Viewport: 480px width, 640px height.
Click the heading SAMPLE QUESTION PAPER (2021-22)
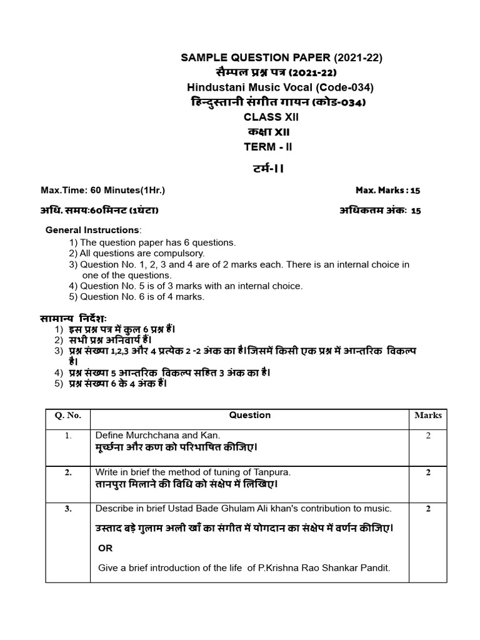[281, 58]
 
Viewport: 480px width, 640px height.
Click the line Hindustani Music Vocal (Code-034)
[281, 87]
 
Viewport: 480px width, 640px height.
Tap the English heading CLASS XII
[268, 117]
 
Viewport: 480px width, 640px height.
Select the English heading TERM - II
[268, 147]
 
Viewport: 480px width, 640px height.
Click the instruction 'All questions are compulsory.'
[137, 253]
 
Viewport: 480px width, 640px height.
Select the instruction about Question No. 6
[137, 296]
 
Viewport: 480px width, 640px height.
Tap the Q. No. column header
[68, 416]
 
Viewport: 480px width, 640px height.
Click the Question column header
[250, 415]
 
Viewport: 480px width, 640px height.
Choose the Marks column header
[428, 415]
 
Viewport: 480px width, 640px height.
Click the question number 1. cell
[68, 436]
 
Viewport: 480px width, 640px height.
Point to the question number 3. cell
[68, 509]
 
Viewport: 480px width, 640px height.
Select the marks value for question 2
[428, 472]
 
